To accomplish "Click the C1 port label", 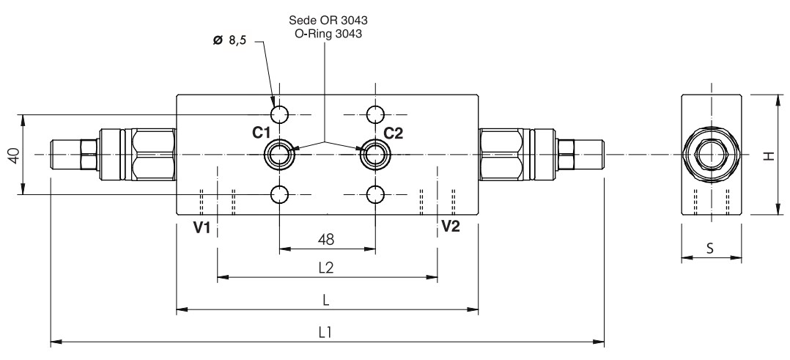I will tap(262, 133).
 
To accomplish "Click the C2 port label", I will tap(394, 133).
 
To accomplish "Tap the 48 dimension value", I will tap(327, 239).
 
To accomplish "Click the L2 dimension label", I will tap(327, 268).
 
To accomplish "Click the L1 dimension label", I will tap(327, 331).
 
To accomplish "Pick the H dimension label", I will tap(767, 155).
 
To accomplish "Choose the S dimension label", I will tap(710, 248).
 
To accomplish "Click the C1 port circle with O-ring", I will tap(280, 154).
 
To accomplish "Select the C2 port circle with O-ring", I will tap(375, 154).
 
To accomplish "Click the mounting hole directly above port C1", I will tap(280, 114).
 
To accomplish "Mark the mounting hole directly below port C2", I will tap(375, 194).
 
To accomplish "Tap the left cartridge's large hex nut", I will tap(154, 154).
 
